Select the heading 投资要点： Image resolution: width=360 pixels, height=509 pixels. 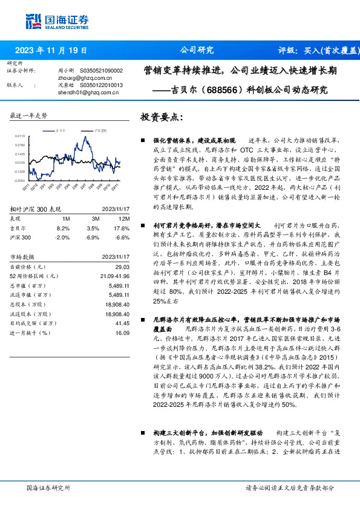pyautogui.click(x=162, y=117)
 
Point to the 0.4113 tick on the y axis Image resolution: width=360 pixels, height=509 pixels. pyautogui.click(x=20, y=137)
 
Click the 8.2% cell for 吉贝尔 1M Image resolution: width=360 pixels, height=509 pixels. pyautogui.click(x=62, y=228)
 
